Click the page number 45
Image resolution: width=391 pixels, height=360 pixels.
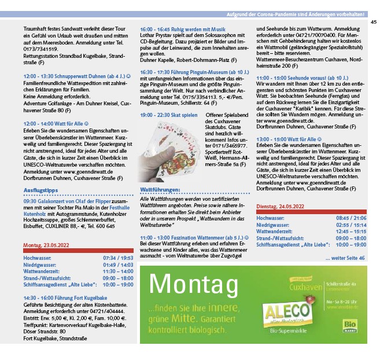[374, 22]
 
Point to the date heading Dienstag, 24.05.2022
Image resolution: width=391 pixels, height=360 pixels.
[281, 207]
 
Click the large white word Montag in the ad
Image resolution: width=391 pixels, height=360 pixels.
[193, 284]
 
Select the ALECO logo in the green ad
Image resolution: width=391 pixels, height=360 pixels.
[285, 311]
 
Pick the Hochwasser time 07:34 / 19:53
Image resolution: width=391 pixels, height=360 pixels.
[118, 257]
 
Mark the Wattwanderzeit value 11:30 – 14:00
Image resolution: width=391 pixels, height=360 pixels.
[118, 271]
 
